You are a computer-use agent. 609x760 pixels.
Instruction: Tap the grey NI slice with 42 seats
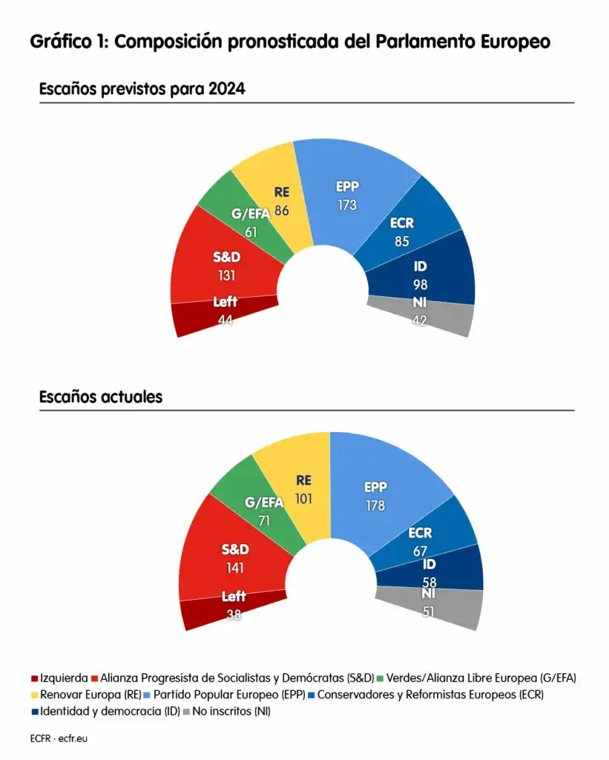coord(430,315)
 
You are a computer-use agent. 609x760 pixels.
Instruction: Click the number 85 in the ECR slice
coord(402,240)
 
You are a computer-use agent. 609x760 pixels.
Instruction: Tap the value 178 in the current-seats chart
coord(375,506)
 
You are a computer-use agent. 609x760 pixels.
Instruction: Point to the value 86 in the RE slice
coord(281,210)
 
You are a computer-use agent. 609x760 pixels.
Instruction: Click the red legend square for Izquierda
coord(34,678)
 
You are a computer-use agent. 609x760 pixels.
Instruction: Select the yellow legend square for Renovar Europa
coord(34,695)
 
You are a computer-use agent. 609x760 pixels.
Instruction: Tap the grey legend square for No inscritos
coord(186,712)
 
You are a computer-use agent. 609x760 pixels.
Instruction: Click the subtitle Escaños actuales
coord(100,397)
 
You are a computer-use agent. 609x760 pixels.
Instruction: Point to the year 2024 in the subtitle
coord(226,89)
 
